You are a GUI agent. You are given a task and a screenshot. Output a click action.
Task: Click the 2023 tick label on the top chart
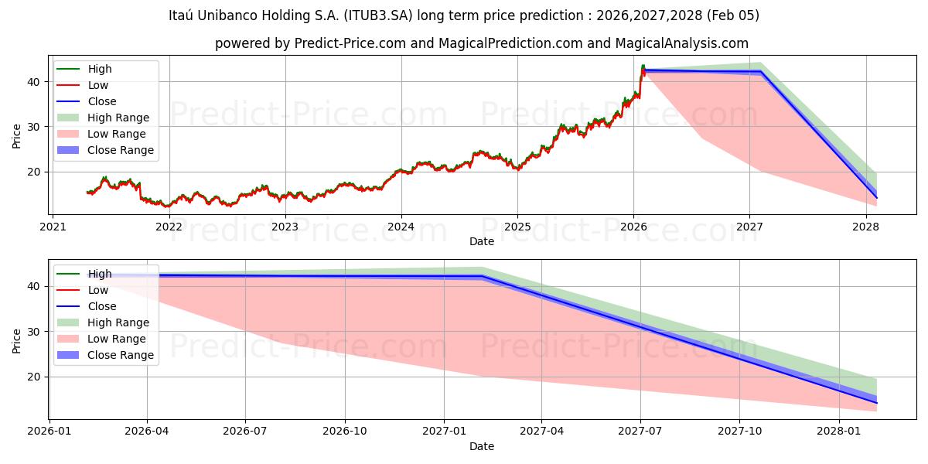285,227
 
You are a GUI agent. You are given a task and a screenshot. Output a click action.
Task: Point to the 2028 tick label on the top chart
865,227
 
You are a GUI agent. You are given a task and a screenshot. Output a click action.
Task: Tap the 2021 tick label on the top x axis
53,227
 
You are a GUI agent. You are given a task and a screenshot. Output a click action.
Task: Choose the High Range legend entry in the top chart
118,118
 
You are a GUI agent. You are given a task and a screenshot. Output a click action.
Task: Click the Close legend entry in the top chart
102,101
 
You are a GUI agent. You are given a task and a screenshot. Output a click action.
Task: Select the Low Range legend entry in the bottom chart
116,339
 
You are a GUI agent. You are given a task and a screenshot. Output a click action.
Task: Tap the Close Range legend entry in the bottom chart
121,355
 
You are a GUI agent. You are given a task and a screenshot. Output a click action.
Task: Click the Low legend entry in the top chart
98,85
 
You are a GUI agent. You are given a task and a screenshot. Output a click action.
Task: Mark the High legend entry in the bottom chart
100,274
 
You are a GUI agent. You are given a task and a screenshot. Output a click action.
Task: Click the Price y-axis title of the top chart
16,135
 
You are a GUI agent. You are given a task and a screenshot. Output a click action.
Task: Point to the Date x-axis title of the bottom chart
481,446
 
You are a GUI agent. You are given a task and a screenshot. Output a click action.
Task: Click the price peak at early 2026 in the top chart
643,67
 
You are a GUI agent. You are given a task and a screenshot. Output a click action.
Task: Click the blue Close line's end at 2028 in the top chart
876,198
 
